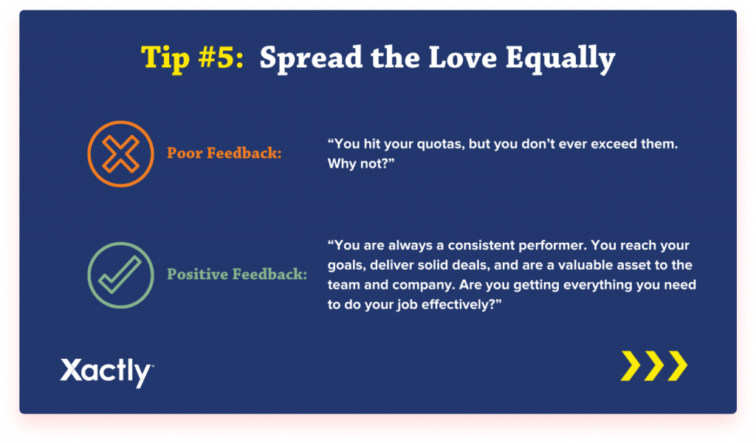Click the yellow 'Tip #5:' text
193,58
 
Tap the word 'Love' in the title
462,58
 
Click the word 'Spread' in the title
311,58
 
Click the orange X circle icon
120,154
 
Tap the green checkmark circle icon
120,275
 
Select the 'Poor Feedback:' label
224,154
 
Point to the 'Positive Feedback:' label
237,274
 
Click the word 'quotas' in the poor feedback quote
441,144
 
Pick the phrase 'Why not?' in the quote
360,163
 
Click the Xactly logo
107,372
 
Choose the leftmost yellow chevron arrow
630,366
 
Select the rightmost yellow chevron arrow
678,366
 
